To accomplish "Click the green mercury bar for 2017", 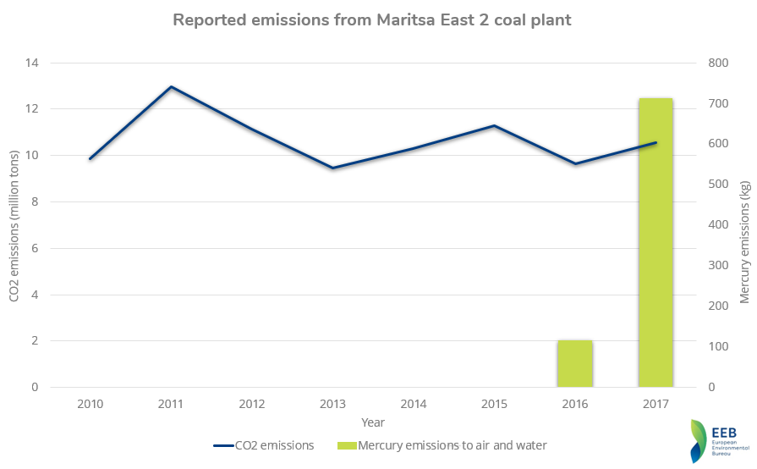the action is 656,242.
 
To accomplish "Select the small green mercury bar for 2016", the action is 575,364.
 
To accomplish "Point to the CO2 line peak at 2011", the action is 171,87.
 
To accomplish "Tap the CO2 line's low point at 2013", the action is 332,168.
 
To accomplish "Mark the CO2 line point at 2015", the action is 494,125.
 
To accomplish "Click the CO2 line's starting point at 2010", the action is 90,158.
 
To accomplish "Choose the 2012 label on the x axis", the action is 251,404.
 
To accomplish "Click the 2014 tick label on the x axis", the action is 414,404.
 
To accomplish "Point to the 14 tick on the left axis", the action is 32,63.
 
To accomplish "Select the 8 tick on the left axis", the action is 35,201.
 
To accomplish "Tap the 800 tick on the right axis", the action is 718,63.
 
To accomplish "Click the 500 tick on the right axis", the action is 718,184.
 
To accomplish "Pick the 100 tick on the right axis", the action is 718,346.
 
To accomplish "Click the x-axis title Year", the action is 373,422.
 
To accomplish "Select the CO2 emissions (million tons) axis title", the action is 14,225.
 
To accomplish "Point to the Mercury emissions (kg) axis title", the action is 745,242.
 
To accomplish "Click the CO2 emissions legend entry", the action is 264,445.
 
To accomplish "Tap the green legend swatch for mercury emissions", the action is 347,445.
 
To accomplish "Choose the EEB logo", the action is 719,441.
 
